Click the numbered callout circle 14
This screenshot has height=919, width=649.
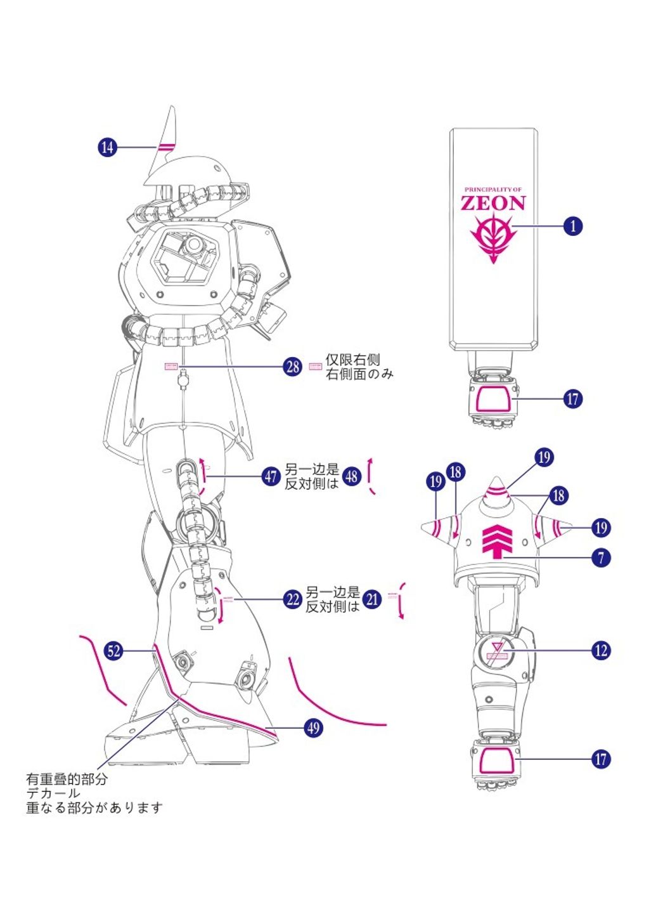[x=108, y=147]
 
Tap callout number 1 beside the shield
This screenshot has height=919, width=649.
[x=573, y=226]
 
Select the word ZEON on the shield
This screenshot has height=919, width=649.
[x=493, y=203]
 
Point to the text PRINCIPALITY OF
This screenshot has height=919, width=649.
[x=493, y=190]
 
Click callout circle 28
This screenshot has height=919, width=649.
[x=292, y=366]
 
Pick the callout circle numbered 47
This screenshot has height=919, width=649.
[x=271, y=476]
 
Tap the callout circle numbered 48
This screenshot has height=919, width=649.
[x=352, y=476]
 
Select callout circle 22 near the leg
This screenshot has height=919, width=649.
[x=292, y=599]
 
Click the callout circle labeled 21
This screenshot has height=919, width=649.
[x=372, y=599]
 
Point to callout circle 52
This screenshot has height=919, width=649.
[x=113, y=651]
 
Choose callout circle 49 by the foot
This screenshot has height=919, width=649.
[x=313, y=727]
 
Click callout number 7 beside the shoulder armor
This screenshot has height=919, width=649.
[x=601, y=558]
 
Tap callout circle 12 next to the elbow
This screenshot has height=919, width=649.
[x=601, y=651]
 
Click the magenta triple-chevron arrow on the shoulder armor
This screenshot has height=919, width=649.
[x=497, y=541]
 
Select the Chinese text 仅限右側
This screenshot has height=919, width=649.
[x=352, y=360]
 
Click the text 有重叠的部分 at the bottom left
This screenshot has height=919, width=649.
[x=67, y=779]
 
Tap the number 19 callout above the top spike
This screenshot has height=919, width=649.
[x=544, y=457]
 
